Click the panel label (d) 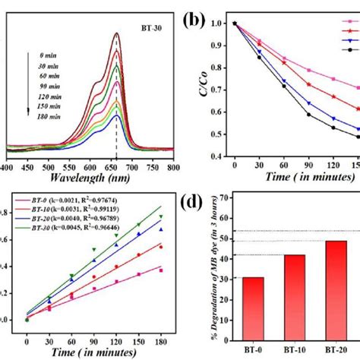coord(210,207)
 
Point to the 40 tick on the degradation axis coord(230,259)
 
